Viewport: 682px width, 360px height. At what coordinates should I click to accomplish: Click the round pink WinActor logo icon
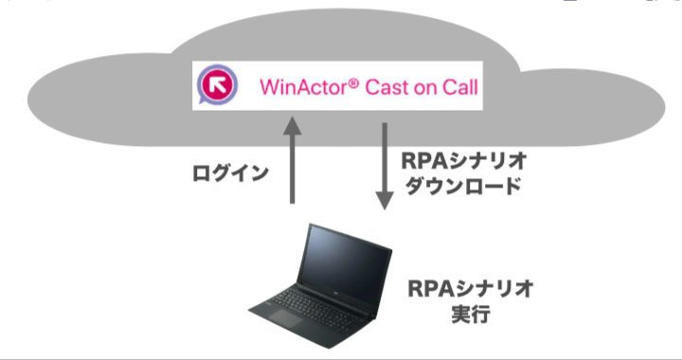(x=217, y=84)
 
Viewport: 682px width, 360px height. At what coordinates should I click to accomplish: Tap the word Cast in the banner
(x=386, y=87)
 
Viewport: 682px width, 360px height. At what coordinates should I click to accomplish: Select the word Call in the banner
(x=460, y=87)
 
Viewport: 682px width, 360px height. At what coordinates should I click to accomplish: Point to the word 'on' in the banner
(x=424, y=89)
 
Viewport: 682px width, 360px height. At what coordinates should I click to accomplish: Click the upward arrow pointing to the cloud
(x=293, y=159)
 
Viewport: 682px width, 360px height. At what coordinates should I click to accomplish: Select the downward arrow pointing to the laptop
(x=385, y=167)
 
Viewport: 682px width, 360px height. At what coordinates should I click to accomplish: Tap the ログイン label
(x=230, y=173)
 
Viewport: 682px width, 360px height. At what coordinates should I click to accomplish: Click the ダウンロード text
(x=463, y=186)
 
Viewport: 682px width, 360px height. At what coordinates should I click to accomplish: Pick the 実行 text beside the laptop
(x=471, y=314)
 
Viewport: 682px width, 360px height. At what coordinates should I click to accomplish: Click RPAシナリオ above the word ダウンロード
(x=463, y=161)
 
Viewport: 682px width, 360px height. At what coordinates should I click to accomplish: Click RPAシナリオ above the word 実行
(x=471, y=288)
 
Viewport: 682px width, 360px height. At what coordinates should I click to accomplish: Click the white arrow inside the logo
(x=217, y=84)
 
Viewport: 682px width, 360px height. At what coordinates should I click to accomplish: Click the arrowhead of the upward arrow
(x=293, y=124)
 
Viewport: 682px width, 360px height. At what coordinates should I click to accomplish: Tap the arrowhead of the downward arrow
(x=385, y=202)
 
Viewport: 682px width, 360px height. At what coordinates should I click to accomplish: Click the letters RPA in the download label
(x=424, y=161)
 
